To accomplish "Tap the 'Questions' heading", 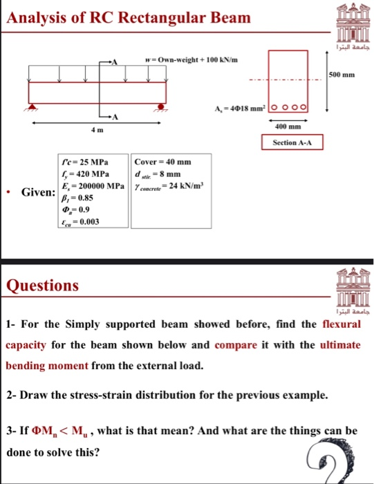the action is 42,285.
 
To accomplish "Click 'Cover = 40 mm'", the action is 163,162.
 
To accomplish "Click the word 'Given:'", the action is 39,191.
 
